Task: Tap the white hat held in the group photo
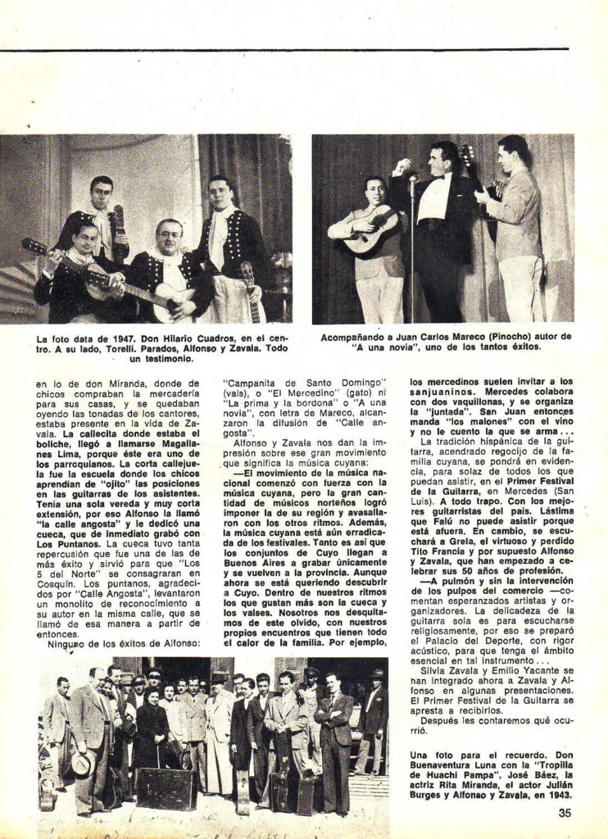(80, 762)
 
